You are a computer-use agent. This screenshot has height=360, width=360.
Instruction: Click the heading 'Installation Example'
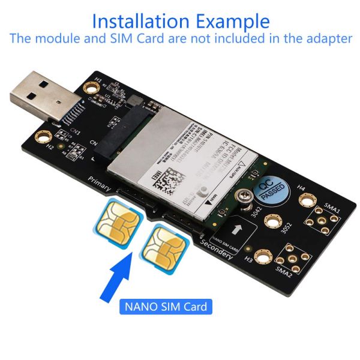tap(180, 21)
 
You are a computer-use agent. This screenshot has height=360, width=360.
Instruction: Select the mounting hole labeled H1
tap(91, 88)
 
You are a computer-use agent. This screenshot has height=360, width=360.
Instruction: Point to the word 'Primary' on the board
tap(100, 183)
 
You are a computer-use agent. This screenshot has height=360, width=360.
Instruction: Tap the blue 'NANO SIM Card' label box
tap(165, 307)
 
